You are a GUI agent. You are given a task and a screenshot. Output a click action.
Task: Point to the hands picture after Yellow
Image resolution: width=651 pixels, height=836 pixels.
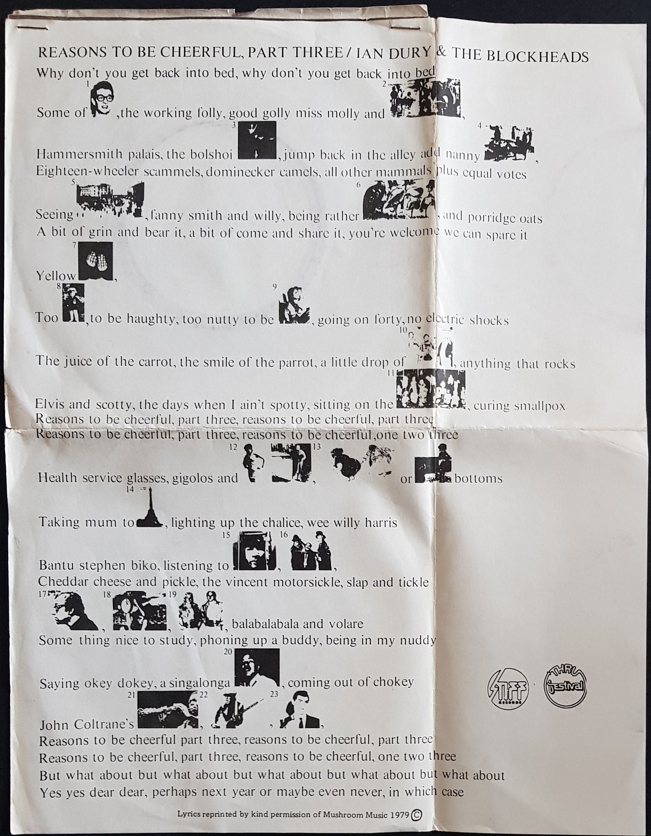(96, 261)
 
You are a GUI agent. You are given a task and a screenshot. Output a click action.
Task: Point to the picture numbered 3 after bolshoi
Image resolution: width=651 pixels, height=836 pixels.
(257, 140)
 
